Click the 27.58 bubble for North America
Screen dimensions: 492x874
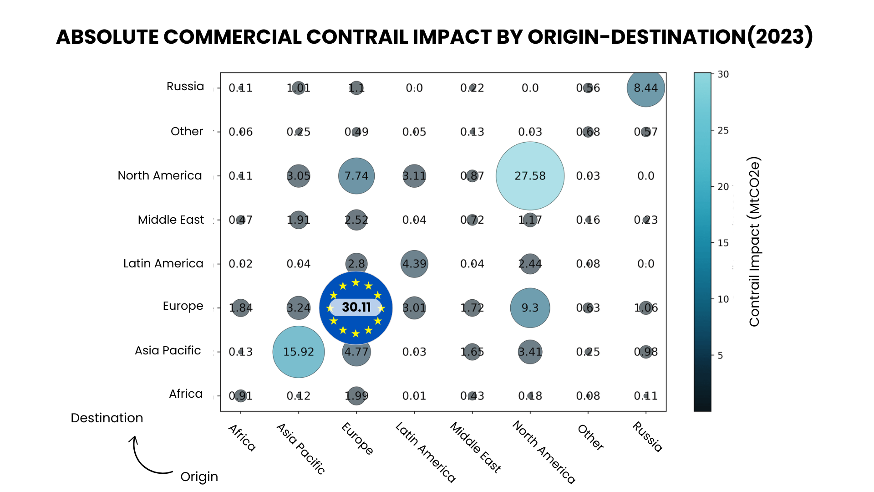(530, 176)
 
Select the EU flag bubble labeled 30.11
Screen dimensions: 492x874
(356, 308)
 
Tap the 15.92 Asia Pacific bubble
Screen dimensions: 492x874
(299, 352)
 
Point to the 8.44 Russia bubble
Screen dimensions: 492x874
(645, 88)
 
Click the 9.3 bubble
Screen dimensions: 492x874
(530, 308)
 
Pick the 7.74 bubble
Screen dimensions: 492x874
(356, 176)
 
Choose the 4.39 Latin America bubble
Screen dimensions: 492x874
(414, 264)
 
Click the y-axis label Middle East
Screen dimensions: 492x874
(171, 220)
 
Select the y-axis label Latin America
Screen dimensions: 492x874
(163, 263)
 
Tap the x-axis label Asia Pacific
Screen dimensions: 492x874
(301, 449)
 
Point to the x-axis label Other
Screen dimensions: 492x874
(591, 437)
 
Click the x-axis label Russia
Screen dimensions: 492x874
(647, 437)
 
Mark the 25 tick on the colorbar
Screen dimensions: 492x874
(723, 131)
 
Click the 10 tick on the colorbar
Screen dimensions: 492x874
(723, 299)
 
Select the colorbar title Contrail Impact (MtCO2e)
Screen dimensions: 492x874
(754, 241)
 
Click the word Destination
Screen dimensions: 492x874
(107, 418)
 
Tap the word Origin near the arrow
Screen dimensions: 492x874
(199, 477)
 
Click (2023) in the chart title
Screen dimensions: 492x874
(780, 36)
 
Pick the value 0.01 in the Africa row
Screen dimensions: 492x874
(414, 396)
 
